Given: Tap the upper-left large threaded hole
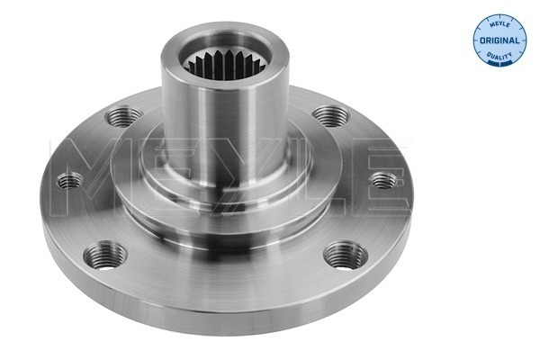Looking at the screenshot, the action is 123,116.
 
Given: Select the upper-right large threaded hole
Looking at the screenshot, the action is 331,115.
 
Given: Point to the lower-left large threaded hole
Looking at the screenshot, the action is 105,256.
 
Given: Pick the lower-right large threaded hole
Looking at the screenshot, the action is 346,256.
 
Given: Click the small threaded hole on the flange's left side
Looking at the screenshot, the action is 70,181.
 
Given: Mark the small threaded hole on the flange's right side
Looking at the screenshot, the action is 383,180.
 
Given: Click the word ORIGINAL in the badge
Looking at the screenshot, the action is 499,40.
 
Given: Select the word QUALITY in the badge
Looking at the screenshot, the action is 499,55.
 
